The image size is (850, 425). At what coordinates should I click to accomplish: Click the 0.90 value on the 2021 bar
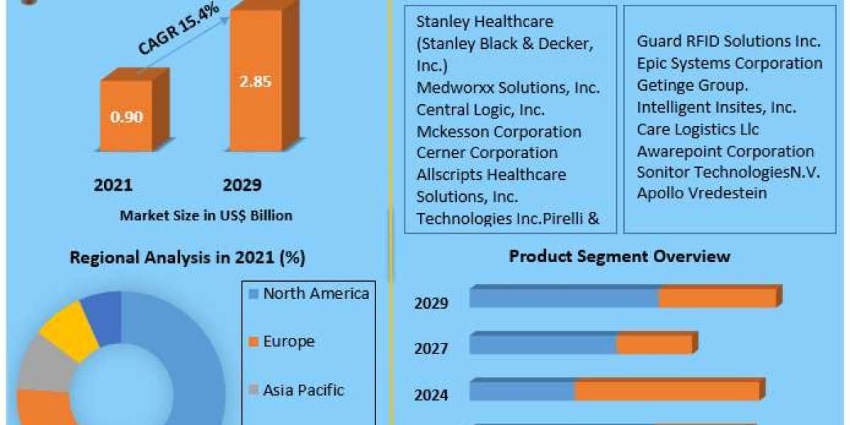coord(126,117)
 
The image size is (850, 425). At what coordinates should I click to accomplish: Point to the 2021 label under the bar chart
coord(113,186)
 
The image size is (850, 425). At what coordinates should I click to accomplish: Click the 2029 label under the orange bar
coord(242,186)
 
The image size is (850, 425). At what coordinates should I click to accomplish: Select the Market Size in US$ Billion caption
coord(205,215)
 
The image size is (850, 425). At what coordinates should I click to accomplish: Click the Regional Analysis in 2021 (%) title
coord(187,258)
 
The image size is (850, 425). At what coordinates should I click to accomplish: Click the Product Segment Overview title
coord(619,256)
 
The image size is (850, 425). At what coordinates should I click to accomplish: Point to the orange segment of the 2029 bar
coord(717,298)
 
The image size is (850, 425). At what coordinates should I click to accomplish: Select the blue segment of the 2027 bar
coord(543,345)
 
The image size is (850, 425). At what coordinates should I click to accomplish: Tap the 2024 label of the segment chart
coord(431,395)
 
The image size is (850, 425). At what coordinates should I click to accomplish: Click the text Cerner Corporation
coord(487,152)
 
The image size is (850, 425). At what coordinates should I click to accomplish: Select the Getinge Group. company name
coord(692,86)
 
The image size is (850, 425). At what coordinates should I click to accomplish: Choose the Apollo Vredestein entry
coord(701,193)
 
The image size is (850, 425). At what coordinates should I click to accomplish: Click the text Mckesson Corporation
coord(499,132)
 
